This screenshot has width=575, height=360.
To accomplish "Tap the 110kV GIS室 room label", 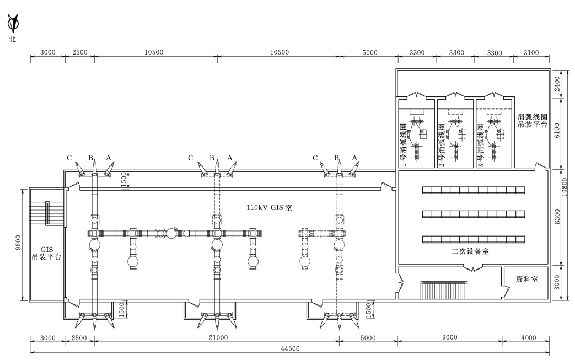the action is point(269,207).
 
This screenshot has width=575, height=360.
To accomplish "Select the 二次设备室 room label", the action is point(470,251).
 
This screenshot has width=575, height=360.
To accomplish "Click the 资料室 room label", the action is point(527,279).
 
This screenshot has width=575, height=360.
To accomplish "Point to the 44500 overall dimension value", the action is point(290,348).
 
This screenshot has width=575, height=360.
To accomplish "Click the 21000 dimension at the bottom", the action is point(218,337).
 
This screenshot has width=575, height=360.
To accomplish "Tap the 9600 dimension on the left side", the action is point(18,243).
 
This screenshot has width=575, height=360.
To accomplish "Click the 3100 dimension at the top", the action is point(531,52).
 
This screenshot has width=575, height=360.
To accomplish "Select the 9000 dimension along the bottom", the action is point(450,337).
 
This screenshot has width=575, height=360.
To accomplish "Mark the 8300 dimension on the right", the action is point(557,217).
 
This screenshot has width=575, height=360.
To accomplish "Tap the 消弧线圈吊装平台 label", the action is point(532,121).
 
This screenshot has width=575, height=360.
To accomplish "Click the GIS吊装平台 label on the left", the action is point(46,252).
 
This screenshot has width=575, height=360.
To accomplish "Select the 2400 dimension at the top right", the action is point(557,84).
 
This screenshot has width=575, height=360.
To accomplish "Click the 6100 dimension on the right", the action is point(557,131).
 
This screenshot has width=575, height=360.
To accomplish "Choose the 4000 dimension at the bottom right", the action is point(529,337).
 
